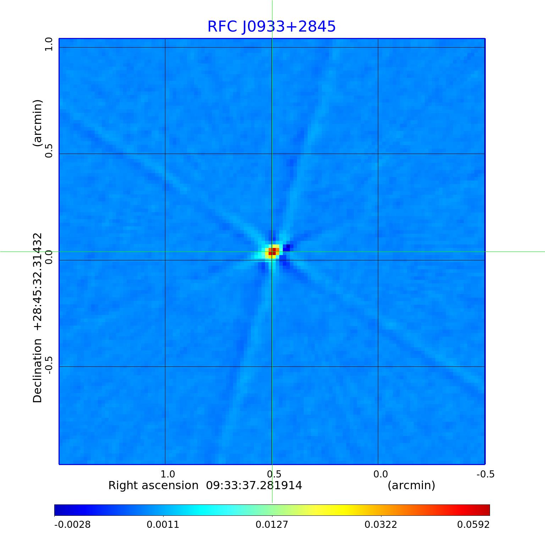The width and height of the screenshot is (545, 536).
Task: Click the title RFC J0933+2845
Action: [271, 27]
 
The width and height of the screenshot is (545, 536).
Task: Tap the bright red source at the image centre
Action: [272, 252]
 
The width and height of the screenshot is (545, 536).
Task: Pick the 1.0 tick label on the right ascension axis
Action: [167, 474]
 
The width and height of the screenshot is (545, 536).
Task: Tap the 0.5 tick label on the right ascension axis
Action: [274, 474]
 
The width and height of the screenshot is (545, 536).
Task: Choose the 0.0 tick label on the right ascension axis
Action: [380, 474]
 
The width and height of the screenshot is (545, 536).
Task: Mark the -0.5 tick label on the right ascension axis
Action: [485, 474]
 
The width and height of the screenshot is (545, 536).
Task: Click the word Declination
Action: [38, 371]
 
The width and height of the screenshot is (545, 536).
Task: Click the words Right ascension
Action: [153, 485]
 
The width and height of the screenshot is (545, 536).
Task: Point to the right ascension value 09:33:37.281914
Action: [254, 485]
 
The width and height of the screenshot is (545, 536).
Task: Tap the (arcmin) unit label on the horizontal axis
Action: [411, 485]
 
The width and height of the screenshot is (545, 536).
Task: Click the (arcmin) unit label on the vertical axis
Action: [38, 123]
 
